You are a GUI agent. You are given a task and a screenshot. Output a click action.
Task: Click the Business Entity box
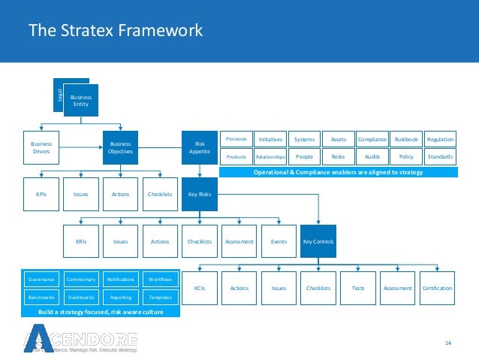click(x=80, y=100)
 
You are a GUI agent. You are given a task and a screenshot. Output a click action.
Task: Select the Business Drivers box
click(x=41, y=147)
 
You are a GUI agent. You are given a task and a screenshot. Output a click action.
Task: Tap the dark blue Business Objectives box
click(x=120, y=147)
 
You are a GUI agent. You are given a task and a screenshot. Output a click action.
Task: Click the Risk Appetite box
click(x=199, y=147)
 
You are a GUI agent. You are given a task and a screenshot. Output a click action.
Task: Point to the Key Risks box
click(x=199, y=194)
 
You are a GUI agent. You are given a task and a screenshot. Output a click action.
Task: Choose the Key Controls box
click(x=318, y=241)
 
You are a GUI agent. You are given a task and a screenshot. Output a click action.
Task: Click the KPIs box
click(x=41, y=194)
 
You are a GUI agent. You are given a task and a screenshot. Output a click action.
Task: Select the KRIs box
click(x=81, y=241)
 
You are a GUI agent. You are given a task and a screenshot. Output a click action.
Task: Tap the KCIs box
click(x=199, y=288)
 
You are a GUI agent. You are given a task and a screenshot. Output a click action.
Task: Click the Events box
click(x=279, y=241)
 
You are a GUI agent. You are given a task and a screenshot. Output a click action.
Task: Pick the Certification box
click(x=437, y=288)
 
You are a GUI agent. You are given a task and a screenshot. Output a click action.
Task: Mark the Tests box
click(x=358, y=288)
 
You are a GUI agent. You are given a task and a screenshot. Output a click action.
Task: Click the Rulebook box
click(x=405, y=139)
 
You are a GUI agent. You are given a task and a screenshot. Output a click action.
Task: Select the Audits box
click(x=372, y=156)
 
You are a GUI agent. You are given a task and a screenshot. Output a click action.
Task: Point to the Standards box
click(x=439, y=156)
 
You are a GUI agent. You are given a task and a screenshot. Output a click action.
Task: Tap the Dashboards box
click(x=81, y=297)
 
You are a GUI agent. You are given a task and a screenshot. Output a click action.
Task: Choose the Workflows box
click(x=160, y=279)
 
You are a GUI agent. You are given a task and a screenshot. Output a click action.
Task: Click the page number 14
click(x=448, y=343)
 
